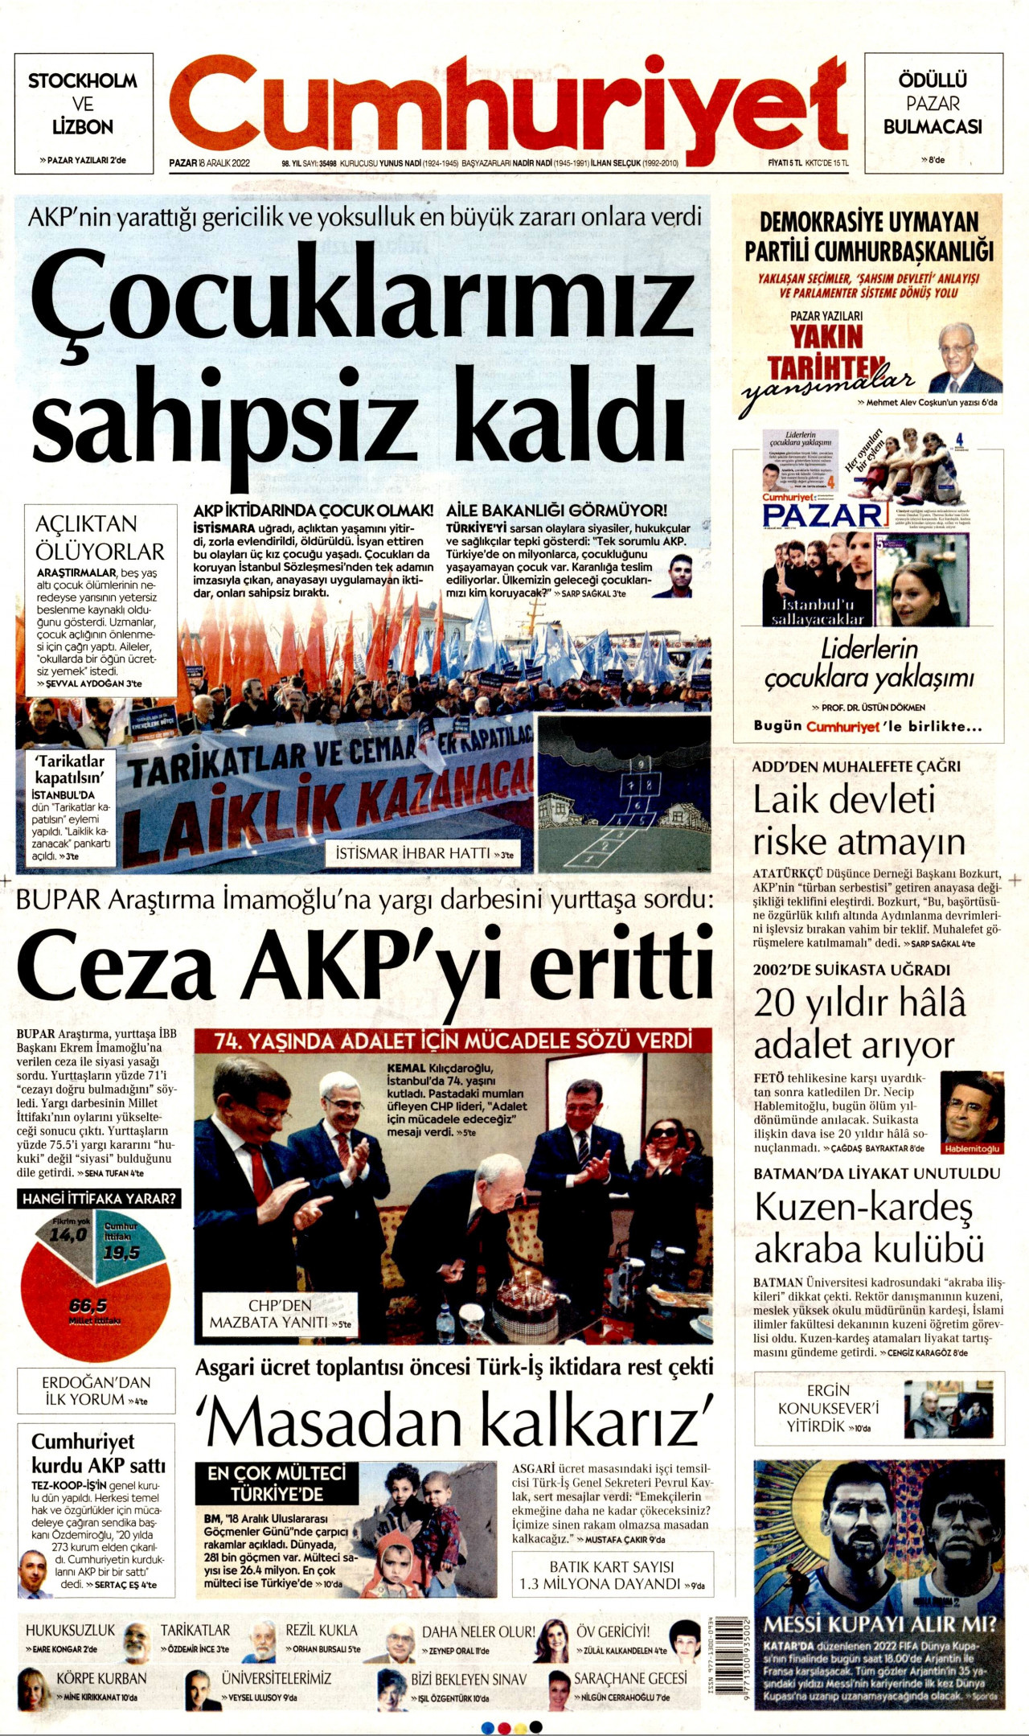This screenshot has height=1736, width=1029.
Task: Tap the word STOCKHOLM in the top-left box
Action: coord(83,80)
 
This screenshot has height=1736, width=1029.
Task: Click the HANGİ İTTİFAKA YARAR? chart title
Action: coord(99,1199)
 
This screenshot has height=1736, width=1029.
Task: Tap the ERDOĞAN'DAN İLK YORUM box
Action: coord(96,1390)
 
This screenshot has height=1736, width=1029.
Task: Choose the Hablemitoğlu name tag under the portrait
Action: coord(972,1148)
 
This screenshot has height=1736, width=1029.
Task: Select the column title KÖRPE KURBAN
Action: coord(101,1678)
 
